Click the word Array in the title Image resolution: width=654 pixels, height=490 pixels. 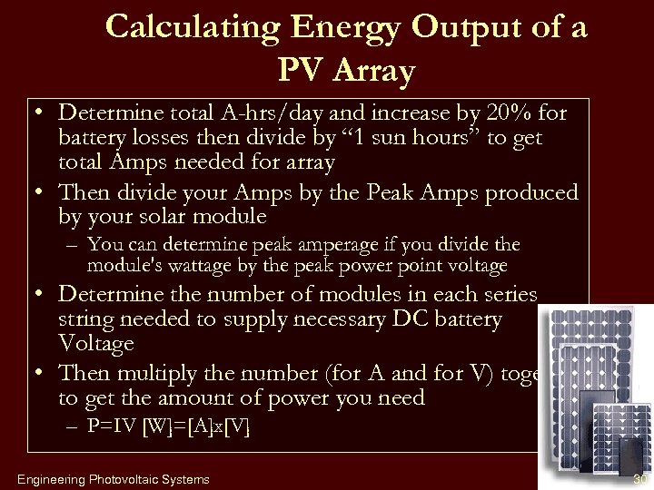pos(372,71)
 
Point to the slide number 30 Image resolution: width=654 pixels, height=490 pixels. pos(640,478)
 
